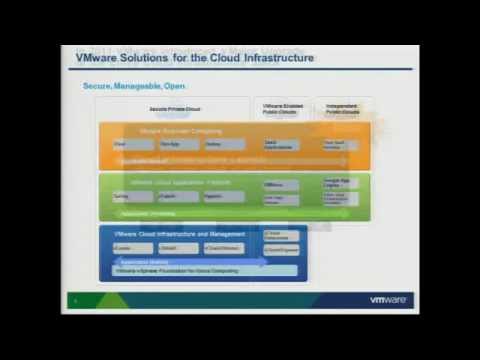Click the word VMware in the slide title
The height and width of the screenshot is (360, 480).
[97, 58]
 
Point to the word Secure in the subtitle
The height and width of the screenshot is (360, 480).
[98, 86]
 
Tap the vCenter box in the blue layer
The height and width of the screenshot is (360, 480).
[133, 248]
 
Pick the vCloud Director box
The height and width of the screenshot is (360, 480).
[224, 248]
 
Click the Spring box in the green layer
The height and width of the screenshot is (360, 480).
[133, 197]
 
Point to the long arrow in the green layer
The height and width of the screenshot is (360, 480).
[220, 212]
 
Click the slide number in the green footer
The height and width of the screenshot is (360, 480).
[76, 299]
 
